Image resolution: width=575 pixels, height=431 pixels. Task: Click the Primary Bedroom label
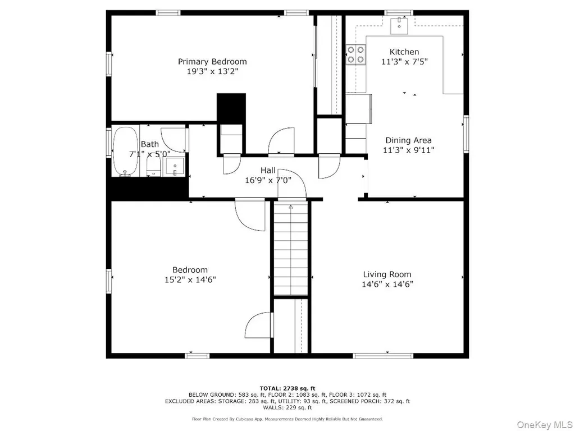[212, 62]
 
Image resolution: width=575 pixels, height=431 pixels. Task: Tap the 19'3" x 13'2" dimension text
[212, 71]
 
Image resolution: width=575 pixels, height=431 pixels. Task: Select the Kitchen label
[404, 52]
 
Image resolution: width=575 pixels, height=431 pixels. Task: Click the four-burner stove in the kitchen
[355, 54]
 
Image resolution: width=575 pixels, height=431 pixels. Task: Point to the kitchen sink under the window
[399, 25]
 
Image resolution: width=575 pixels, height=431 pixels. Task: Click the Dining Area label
[408, 140]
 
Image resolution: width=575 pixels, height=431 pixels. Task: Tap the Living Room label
[387, 274]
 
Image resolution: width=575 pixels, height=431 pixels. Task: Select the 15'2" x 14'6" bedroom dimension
[190, 279]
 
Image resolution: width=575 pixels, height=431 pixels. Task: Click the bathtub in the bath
[125, 152]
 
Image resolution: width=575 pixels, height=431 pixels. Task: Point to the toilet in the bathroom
[153, 166]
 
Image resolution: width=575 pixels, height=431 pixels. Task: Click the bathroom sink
[175, 167]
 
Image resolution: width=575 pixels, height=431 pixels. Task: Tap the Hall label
[268, 171]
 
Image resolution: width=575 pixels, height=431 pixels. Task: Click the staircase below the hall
[291, 249]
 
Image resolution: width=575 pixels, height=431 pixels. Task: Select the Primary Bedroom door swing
[281, 140]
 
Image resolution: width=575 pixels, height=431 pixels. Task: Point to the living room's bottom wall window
[383, 355]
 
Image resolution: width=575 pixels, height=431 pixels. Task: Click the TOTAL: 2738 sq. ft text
[287, 388]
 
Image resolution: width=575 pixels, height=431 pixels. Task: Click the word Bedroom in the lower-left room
[190, 270]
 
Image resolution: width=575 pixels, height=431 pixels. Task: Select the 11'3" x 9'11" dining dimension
[409, 149]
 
